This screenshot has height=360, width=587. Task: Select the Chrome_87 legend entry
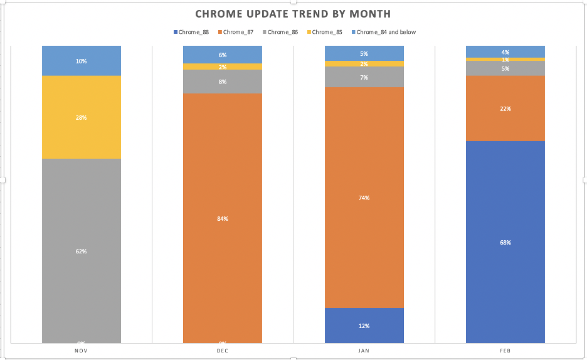pyautogui.click(x=236, y=32)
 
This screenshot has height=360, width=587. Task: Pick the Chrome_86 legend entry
pyautogui.click(x=281, y=32)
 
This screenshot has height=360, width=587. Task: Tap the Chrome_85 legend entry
pyautogui.click(x=325, y=32)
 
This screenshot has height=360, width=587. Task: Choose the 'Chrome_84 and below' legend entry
pyautogui.click(x=384, y=32)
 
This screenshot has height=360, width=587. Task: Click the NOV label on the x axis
pyautogui.click(x=82, y=351)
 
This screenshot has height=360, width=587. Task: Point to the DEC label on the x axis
pyautogui.click(x=223, y=351)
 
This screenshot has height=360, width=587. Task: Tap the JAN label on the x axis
pyautogui.click(x=364, y=351)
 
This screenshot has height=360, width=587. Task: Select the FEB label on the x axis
pyautogui.click(x=505, y=351)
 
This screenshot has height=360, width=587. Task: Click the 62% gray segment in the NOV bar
pyautogui.click(x=82, y=251)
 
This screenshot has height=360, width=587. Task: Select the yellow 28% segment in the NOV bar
pyautogui.click(x=82, y=117)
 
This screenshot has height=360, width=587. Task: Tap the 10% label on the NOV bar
pyautogui.click(x=82, y=61)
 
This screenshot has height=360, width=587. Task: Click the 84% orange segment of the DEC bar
pyautogui.click(x=223, y=218)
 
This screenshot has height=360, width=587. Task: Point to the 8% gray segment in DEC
pyautogui.click(x=223, y=82)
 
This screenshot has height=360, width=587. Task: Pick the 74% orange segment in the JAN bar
pyautogui.click(x=364, y=198)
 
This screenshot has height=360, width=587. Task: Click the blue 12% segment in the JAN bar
pyautogui.click(x=364, y=326)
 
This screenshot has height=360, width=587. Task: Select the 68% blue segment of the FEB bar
pyautogui.click(x=505, y=242)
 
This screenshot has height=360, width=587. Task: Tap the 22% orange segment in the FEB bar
pyautogui.click(x=505, y=109)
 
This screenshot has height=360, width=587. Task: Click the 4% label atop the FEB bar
pyautogui.click(x=505, y=52)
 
